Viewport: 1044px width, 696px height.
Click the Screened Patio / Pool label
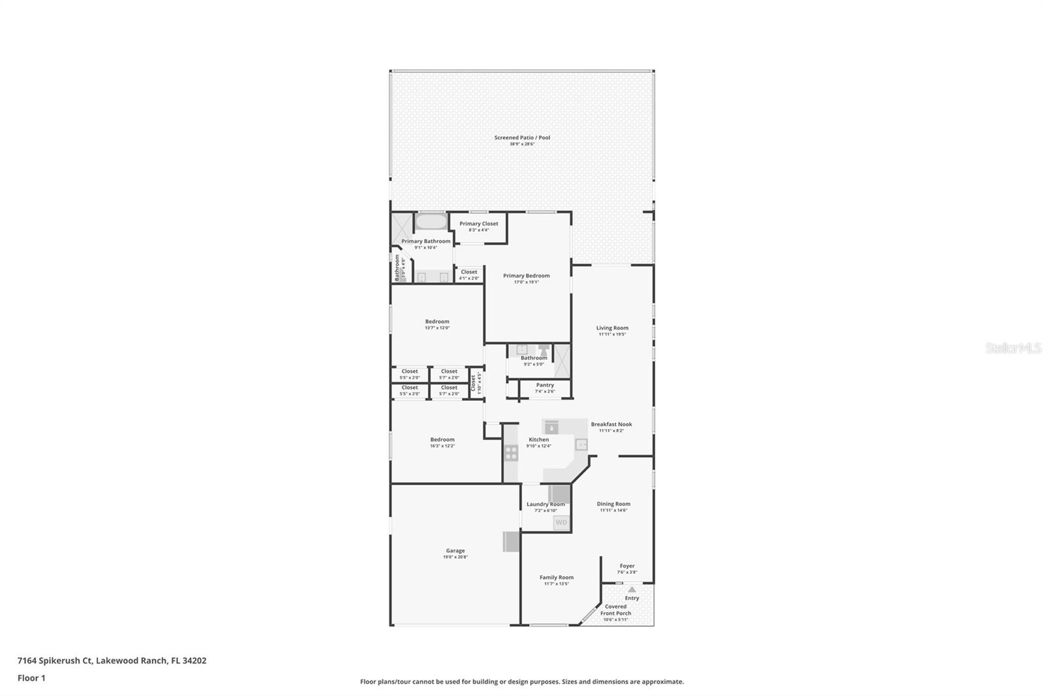(x=522, y=138)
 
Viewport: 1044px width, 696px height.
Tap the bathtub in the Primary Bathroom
(x=431, y=221)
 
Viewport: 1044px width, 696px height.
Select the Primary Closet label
(x=478, y=224)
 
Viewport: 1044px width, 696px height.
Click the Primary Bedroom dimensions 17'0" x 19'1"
(x=526, y=282)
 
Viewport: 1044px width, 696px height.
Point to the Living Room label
(x=612, y=328)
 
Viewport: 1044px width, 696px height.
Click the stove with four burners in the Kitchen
(x=511, y=452)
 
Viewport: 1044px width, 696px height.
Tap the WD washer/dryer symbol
(x=561, y=522)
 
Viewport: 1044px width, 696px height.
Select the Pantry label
(x=545, y=385)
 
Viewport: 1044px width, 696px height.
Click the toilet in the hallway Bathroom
(x=544, y=350)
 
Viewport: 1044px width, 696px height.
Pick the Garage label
(x=455, y=551)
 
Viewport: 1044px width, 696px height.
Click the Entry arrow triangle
(x=632, y=590)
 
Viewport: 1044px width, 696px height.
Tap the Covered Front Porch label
(x=615, y=610)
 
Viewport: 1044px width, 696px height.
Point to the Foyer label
(x=627, y=566)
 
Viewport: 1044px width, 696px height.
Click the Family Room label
(x=557, y=577)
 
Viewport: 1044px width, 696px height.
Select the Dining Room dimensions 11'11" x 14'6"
(x=613, y=511)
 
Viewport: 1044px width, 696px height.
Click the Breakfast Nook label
(x=611, y=424)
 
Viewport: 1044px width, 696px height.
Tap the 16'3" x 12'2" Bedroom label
(x=442, y=440)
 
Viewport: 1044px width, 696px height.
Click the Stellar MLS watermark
(x=1013, y=349)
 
